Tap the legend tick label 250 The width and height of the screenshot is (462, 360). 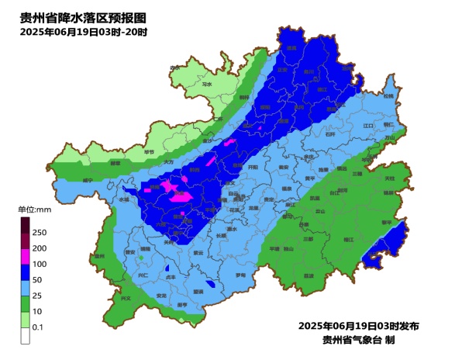click(x=40, y=232)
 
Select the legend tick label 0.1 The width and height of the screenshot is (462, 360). click(x=36, y=328)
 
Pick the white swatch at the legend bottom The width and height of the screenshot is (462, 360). click(x=25, y=335)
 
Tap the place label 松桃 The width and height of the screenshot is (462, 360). click(x=388, y=97)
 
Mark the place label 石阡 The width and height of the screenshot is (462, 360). click(x=332, y=134)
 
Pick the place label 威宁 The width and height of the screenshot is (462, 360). click(x=88, y=180)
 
